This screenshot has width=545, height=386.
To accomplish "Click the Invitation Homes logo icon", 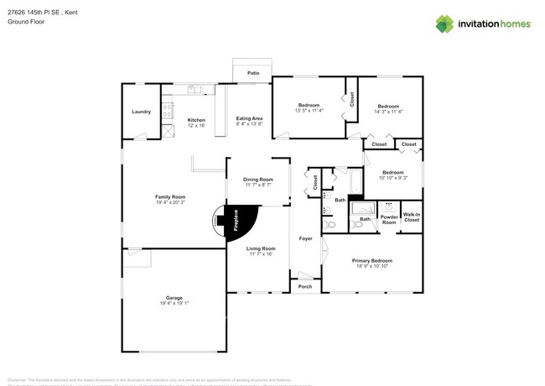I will [444, 23].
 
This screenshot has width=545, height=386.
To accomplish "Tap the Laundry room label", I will [141, 112].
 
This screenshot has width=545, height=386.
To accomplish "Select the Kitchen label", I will [196, 119].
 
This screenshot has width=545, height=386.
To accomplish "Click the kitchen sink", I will [195, 89].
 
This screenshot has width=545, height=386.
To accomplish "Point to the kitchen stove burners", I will [167, 107].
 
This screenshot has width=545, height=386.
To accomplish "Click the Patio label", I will [252, 74].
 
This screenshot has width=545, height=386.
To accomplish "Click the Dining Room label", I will [258, 180].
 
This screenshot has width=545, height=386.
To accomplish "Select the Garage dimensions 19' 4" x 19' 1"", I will [174, 304].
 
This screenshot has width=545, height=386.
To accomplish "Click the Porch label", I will [305, 287].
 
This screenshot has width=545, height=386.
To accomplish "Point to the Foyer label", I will [306, 239].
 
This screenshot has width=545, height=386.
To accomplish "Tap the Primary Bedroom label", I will [371, 261].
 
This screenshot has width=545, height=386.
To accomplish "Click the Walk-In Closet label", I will [412, 217].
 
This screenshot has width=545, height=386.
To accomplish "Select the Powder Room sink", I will [387, 206].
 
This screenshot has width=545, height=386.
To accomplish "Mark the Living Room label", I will [261, 248].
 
